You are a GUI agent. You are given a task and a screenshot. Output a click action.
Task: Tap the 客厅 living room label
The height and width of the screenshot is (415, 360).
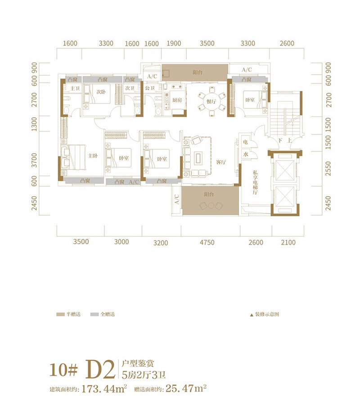click(x=220, y=163)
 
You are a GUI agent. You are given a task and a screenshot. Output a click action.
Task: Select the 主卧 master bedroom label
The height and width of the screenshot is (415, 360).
click(x=93, y=156)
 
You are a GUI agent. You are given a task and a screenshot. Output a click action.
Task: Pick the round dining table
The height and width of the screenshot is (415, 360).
click(x=211, y=100)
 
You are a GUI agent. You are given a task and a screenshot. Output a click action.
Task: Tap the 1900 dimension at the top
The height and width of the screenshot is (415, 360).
click(x=174, y=44)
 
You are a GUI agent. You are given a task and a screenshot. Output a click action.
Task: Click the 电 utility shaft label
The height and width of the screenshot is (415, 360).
click(x=246, y=142)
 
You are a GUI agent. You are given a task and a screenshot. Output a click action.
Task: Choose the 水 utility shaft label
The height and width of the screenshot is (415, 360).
click(x=246, y=154)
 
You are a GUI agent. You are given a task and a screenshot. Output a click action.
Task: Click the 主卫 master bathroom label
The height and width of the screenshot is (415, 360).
click(x=74, y=89)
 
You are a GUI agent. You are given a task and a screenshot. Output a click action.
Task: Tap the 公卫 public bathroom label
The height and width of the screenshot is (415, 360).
click(x=149, y=89)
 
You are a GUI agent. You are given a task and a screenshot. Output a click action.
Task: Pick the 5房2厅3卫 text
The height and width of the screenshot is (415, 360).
click(x=139, y=372)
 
